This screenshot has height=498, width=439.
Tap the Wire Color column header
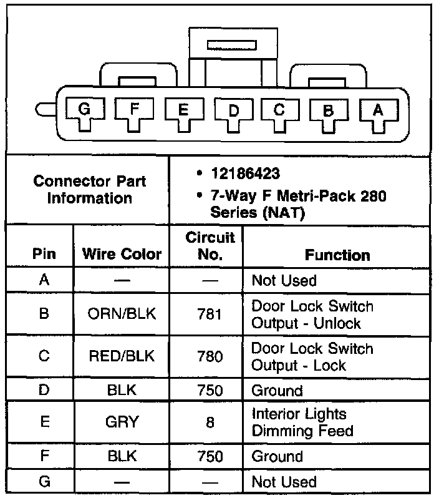pyautogui.click(x=122, y=254)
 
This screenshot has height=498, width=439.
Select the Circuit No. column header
pyautogui.click(x=210, y=246)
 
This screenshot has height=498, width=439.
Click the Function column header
pyautogui.click(x=337, y=255)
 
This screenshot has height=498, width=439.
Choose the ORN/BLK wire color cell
pyautogui.click(x=122, y=314)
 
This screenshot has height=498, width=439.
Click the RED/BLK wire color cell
pyautogui.click(x=122, y=356)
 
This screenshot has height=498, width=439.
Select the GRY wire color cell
pyautogui.click(x=122, y=422)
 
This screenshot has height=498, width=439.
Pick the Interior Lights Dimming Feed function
pyautogui.click(x=302, y=422)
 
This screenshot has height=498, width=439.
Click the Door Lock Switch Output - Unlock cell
pyautogui.click(x=312, y=315)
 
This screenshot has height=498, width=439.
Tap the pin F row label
pyautogui.click(x=44, y=456)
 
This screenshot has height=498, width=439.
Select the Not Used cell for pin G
pyautogui.click(x=284, y=482)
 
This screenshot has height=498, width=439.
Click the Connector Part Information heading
pyautogui.click(x=90, y=190)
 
